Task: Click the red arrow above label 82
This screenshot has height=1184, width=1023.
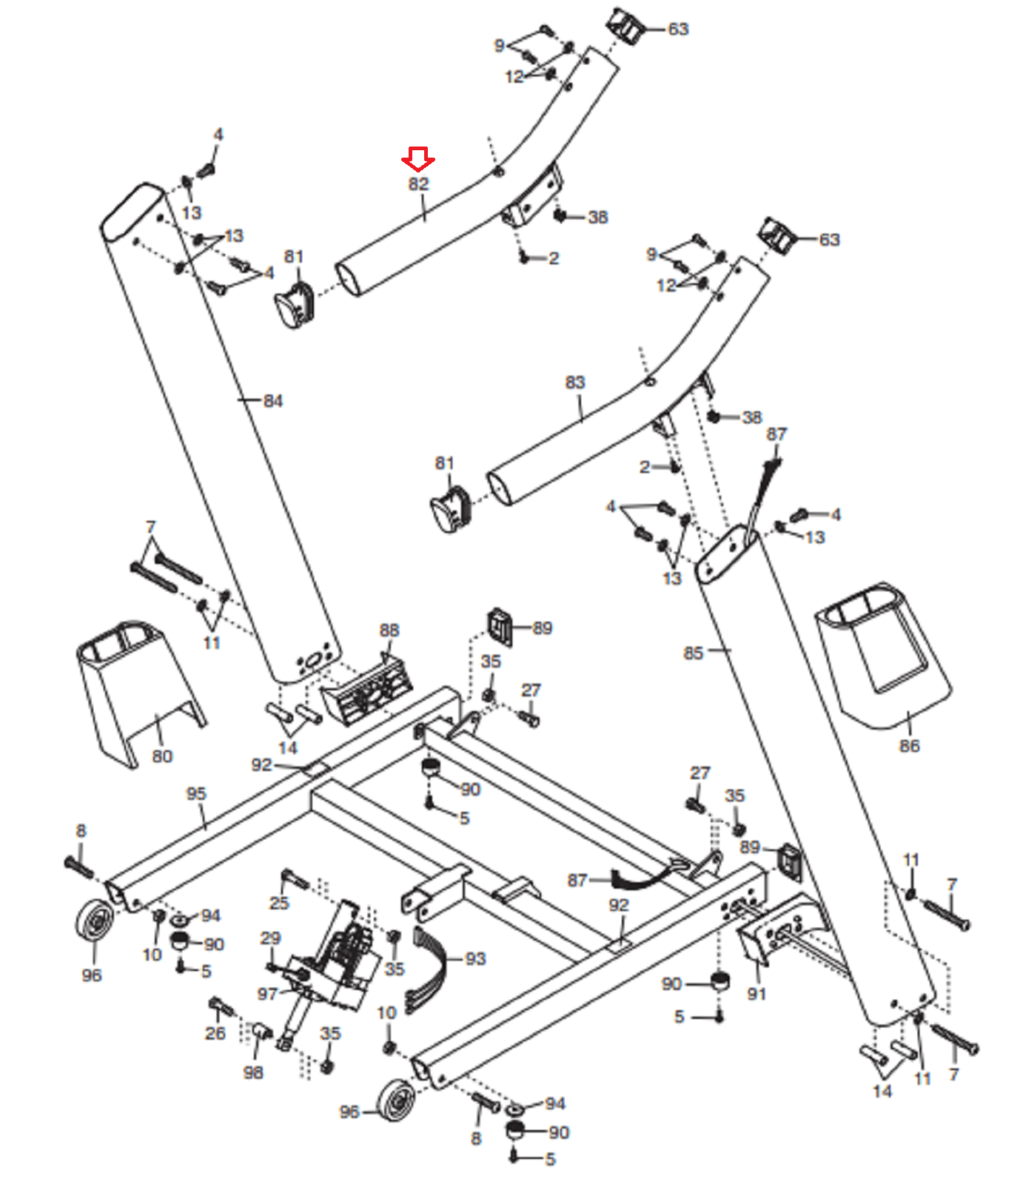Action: pos(417,158)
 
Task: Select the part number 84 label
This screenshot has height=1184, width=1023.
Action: pos(273,400)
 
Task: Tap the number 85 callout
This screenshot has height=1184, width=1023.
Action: pos(693,653)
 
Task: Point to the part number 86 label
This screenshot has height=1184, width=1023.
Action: pos(909,745)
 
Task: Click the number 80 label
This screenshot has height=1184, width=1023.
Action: pos(162,756)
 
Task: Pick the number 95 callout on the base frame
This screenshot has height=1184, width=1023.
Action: pos(196,793)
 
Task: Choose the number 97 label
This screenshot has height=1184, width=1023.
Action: pos(267,994)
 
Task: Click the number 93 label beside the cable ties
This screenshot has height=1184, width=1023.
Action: pos(475,959)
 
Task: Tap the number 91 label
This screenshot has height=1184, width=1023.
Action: pos(757,993)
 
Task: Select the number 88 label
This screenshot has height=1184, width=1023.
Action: pos(389,630)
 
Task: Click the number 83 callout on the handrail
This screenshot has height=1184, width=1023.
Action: pos(575,382)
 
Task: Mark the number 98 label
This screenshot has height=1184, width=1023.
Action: pos(253,1072)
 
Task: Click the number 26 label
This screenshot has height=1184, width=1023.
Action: pos(215,1033)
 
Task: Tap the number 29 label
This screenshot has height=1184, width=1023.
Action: pos(271,938)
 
